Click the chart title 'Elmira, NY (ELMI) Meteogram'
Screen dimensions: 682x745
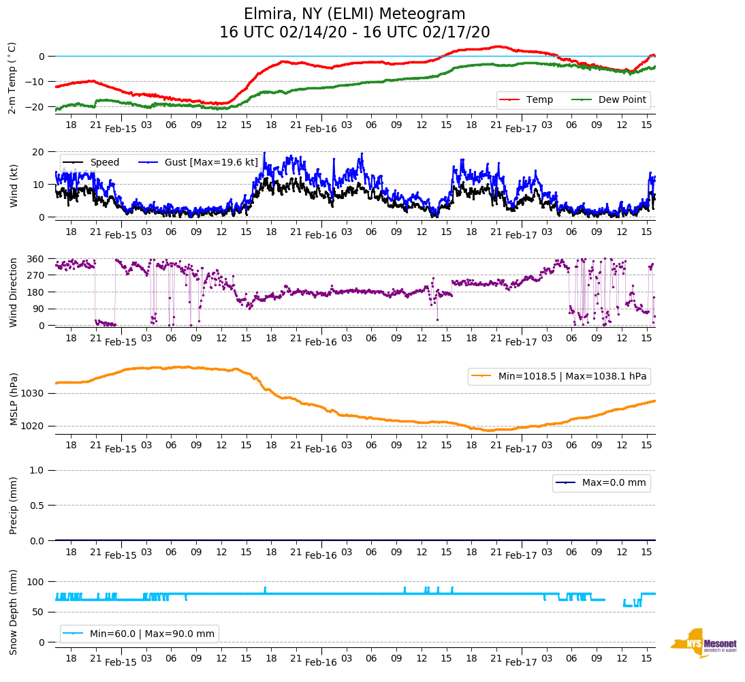point(354,14)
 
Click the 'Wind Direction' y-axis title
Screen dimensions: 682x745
point(13,292)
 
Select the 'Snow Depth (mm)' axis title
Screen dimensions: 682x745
point(13,611)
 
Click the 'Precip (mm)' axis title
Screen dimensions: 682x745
point(13,505)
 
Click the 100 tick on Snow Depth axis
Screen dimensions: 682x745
point(37,582)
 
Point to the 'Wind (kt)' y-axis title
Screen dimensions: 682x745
point(13,184)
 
